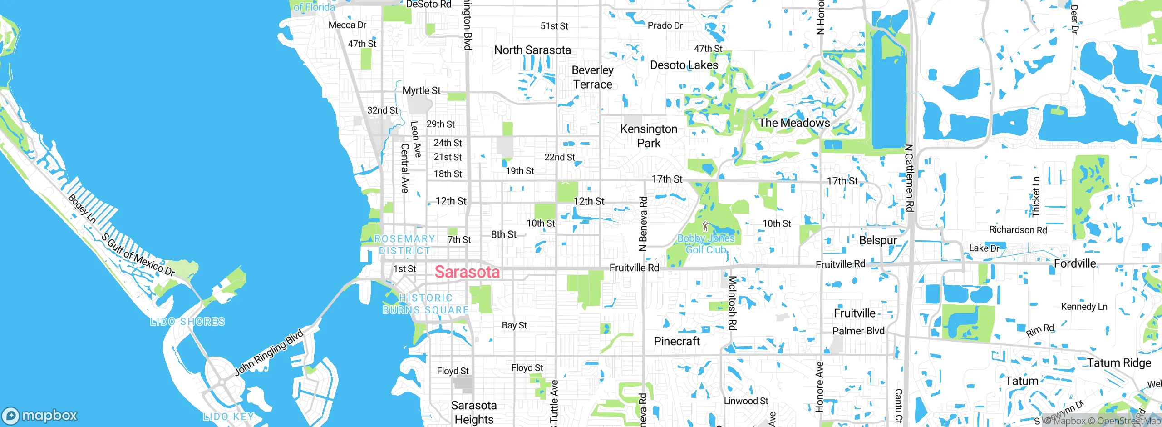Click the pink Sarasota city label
[467, 272]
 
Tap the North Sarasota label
[532, 50]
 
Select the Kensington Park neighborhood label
[649, 136]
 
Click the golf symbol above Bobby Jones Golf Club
[705, 226]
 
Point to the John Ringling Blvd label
[269, 353]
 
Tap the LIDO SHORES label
[187, 322]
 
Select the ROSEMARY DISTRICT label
[404, 245]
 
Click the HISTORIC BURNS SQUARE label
[425, 304]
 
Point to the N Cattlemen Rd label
[909, 178]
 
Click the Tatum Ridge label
[1119, 362]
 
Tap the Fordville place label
[1074, 263]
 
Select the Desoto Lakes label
[684, 65]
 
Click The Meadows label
[794, 123]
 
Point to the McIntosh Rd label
[732, 303]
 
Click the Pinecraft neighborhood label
[677, 341]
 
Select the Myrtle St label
[421, 90]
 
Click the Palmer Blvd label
[858, 331]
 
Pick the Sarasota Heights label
[474, 412]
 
